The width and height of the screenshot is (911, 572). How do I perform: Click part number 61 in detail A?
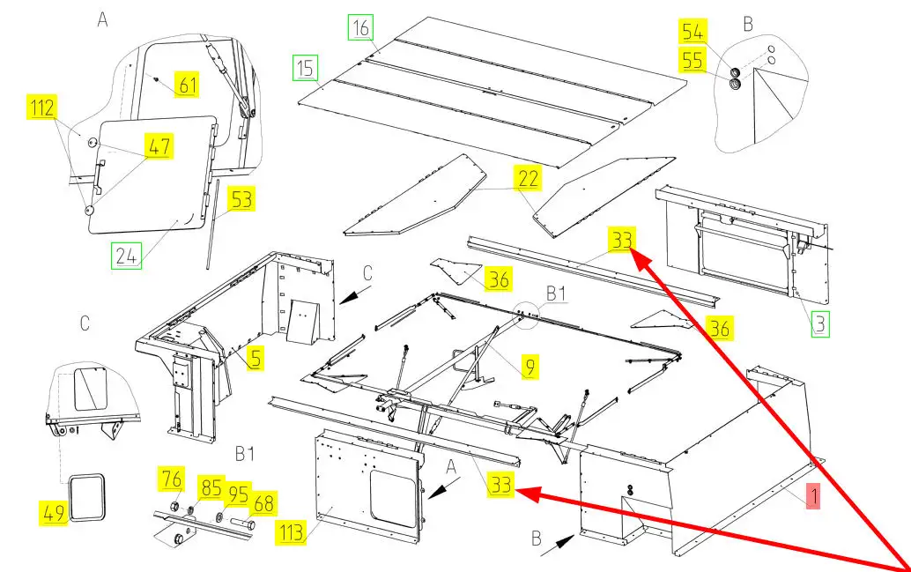[187, 85]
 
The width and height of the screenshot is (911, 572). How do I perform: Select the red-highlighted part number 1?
[813, 497]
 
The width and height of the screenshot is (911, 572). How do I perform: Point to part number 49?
[55, 512]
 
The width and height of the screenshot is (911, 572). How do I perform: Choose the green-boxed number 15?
[305, 67]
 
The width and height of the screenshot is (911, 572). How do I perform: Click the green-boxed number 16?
[360, 29]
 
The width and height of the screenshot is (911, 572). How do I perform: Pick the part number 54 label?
[693, 33]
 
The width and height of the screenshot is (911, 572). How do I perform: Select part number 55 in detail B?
[693, 61]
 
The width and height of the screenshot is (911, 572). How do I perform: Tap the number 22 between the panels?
[529, 178]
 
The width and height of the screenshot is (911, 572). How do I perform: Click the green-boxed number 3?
[819, 323]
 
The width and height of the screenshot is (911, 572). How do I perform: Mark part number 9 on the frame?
[529, 368]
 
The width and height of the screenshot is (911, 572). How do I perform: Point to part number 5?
[254, 358]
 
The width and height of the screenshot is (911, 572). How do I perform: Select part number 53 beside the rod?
[241, 199]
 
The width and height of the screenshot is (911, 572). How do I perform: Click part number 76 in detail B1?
[171, 480]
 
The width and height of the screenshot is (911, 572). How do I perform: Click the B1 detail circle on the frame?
[528, 316]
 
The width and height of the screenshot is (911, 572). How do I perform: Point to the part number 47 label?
[159, 145]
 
